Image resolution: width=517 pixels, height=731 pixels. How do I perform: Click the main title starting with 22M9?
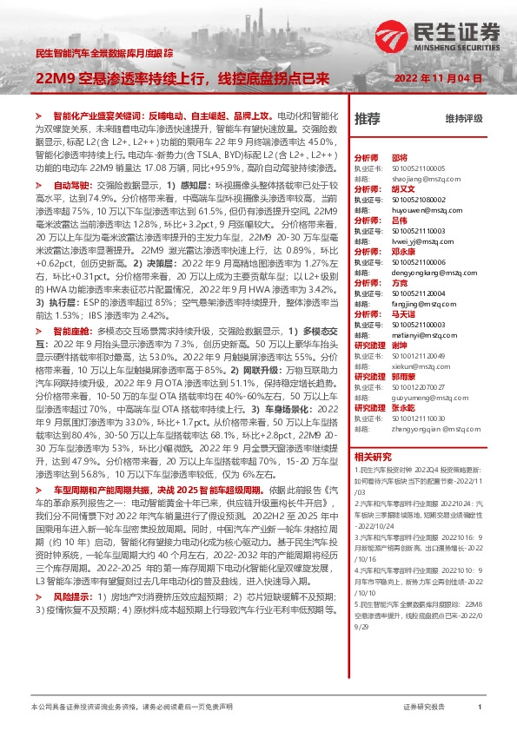coord(182,78)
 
